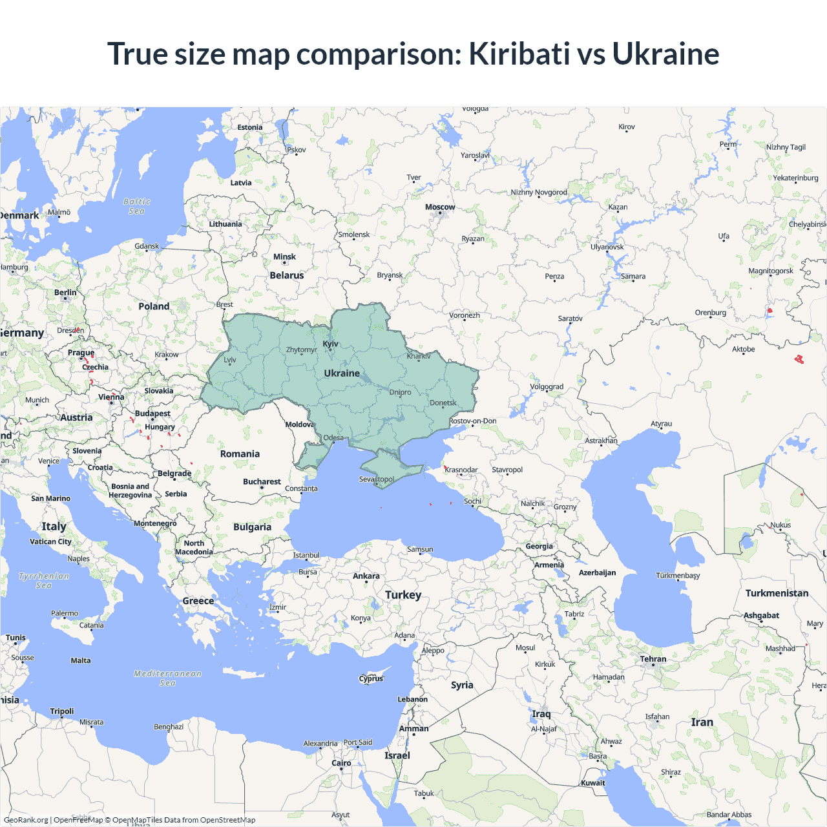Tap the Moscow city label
440,207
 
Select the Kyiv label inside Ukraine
330,344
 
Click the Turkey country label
403,595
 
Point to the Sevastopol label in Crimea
377,479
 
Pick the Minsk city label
284,257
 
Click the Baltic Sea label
137,206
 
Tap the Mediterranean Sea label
167,678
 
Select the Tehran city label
653,659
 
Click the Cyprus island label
371,678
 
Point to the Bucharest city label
262,482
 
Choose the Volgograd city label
547,387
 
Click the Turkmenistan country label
777,593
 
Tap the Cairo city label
341,763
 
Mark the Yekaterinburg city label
795,178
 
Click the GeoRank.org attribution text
26,820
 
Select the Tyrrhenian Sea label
44,580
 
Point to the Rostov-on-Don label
473,421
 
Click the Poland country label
154,306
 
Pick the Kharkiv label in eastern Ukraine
419,356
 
